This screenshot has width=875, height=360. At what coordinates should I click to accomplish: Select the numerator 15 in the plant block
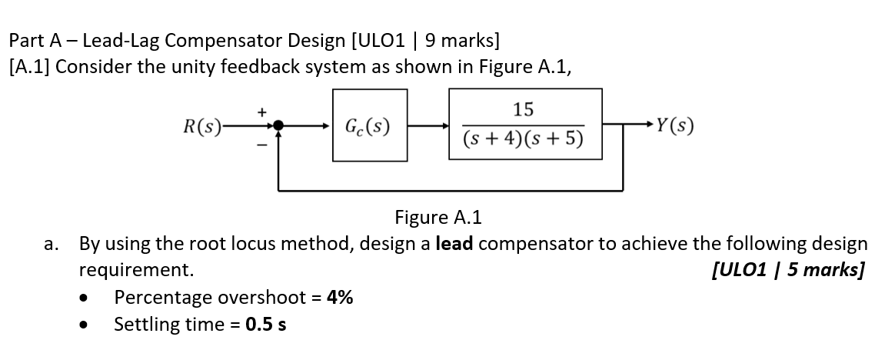tap(523, 109)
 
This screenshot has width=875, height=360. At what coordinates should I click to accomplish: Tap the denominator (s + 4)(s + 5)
tap(523, 139)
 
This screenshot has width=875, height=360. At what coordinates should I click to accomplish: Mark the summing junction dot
tap(280, 125)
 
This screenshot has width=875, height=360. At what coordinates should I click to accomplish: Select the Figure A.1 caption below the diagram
tap(437, 218)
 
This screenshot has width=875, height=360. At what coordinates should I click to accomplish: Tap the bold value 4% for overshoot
tap(340, 298)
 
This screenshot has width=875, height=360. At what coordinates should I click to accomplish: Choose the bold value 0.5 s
tap(266, 324)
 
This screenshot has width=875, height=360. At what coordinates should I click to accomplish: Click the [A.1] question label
tap(28, 66)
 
